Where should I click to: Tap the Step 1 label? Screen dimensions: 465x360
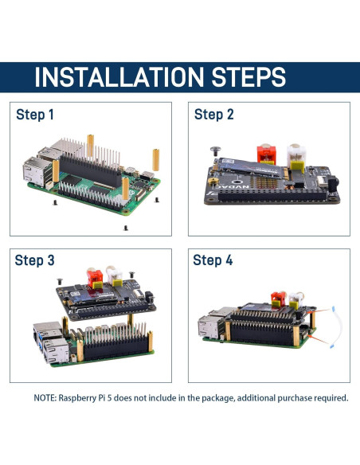pos(35,115)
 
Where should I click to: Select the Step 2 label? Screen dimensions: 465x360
pos(213,115)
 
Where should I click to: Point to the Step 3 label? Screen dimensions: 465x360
pos(35,261)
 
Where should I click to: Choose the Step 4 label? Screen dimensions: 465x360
pos(213,261)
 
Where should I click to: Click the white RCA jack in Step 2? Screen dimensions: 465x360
pos(296,151)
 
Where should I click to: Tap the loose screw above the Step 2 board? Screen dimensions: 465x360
pos(214,149)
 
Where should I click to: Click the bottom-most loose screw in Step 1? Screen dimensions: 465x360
pos(126,228)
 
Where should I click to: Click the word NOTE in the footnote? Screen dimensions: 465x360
pos(45,397)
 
